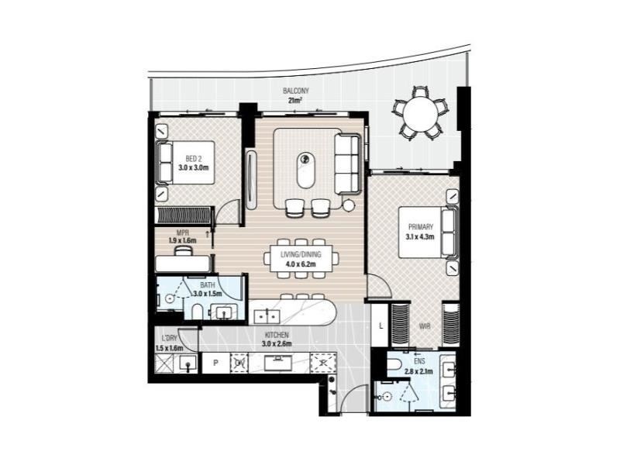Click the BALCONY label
pyautogui.click(x=296, y=91)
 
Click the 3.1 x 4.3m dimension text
pyautogui.click(x=420, y=237)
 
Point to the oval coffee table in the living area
pyautogui.click(x=305, y=170)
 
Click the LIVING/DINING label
pyautogui.click(x=301, y=255)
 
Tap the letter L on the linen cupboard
pyautogui.click(x=381, y=326)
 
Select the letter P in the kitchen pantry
pyautogui.click(x=215, y=363)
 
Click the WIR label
pyautogui.click(x=425, y=326)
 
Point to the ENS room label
pyautogui.click(x=419, y=361)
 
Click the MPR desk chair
pyautogui.click(x=184, y=250)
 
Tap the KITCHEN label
pyautogui.click(x=277, y=335)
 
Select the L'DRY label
pyautogui.click(x=170, y=339)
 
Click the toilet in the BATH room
pyautogui.click(x=197, y=312)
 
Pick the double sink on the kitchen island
pyautogui.click(x=267, y=316)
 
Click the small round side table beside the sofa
pyautogui.click(x=348, y=205)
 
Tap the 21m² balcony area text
pyautogui.click(x=295, y=101)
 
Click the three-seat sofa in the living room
pyautogui.click(x=347, y=164)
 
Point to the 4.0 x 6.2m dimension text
pyautogui.click(x=301, y=264)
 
